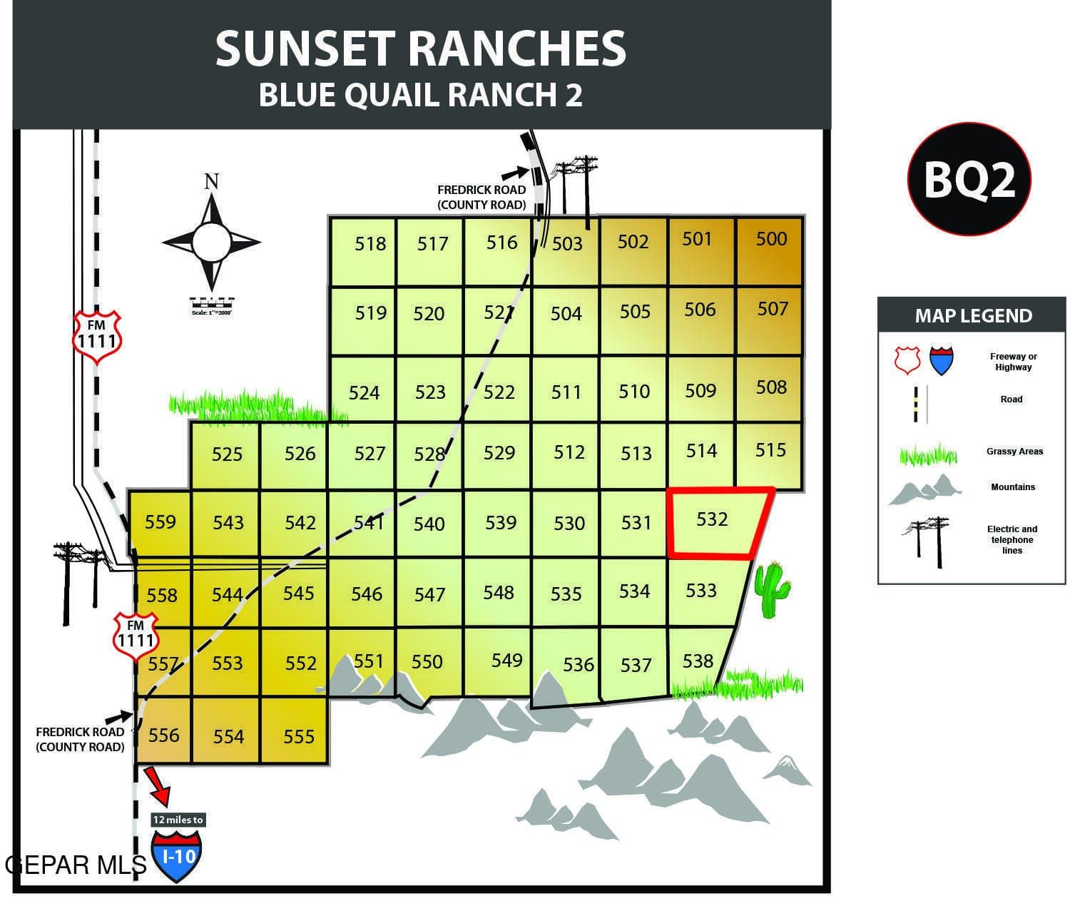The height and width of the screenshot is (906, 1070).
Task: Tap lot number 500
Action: [771, 239]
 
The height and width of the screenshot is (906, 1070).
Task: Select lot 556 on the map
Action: [163, 735]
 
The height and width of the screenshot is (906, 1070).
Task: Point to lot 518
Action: [370, 244]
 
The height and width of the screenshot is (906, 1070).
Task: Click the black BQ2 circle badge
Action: [969, 180]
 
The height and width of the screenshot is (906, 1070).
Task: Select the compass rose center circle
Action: [211, 242]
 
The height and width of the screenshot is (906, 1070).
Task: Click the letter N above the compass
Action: [211, 181]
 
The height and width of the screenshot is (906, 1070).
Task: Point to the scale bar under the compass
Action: [212, 303]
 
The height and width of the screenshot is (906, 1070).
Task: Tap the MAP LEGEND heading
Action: [973, 316]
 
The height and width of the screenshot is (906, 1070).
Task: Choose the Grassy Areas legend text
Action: [1014, 452]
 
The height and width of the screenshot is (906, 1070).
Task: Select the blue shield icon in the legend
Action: [940, 361]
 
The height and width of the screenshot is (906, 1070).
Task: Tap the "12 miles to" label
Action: [178, 820]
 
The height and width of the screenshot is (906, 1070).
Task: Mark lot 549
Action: [506, 661]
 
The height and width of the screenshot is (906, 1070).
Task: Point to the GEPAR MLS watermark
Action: [75, 865]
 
